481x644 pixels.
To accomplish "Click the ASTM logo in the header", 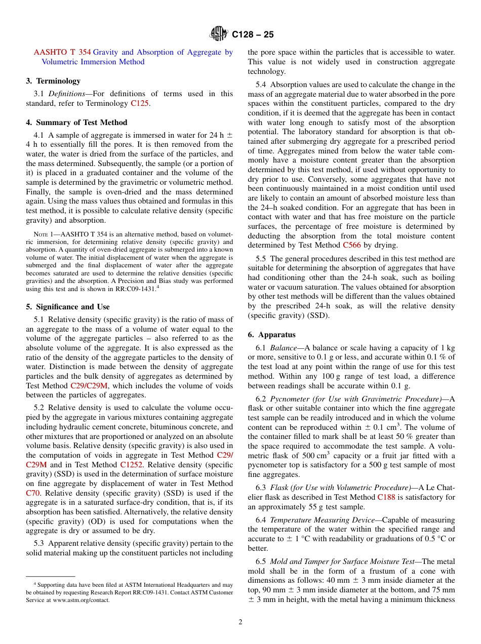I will tap(219, 34).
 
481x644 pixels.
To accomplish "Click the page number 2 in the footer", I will tap(240, 622).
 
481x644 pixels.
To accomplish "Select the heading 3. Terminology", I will tap(53, 81).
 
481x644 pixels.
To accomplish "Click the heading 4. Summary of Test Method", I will tap(76, 123).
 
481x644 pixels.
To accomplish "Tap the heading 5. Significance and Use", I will tap(67, 307).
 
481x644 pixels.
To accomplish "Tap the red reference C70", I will tap(33, 493).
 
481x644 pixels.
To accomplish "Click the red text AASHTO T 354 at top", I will tap(62, 52).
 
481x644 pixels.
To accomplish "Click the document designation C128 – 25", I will tap(253, 34).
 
